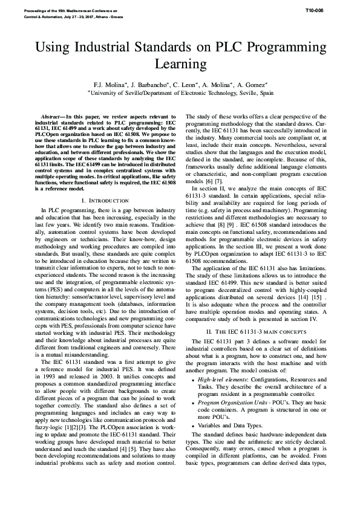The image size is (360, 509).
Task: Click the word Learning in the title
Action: (180, 63)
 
